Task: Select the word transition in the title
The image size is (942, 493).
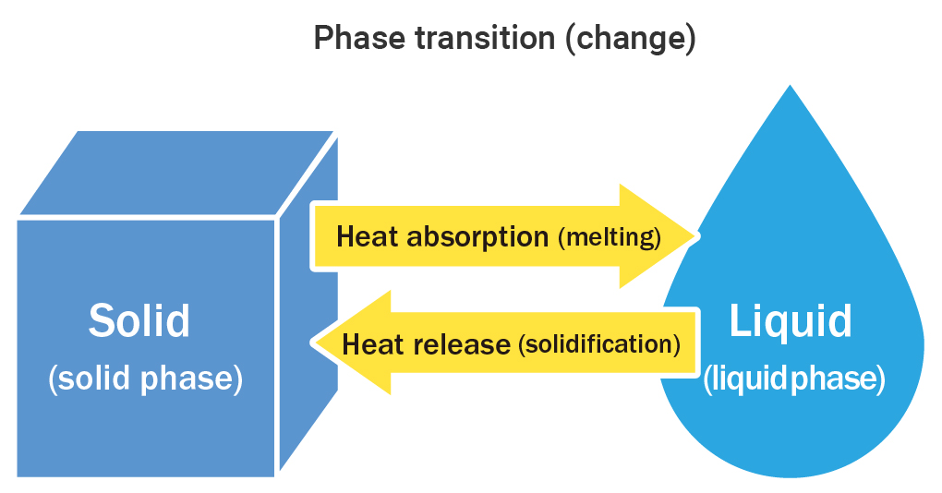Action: [x=485, y=38]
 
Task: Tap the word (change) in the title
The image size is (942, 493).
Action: [x=630, y=39]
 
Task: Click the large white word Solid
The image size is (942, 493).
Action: [x=139, y=320]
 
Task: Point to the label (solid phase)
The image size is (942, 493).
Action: [x=145, y=379]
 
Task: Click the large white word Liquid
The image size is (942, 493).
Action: [x=791, y=321]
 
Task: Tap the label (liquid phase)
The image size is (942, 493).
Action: [x=794, y=379]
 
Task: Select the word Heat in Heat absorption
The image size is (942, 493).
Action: [x=368, y=236]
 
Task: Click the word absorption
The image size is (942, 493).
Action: [x=477, y=237]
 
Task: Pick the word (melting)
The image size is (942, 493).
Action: [x=610, y=237]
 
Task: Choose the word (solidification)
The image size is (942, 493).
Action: [x=599, y=344]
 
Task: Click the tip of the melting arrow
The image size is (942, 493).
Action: [x=698, y=236]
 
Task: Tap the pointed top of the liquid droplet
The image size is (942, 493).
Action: [x=790, y=87]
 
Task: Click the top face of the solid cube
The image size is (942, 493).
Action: [x=176, y=173]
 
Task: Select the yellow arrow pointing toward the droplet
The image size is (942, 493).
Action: [x=504, y=236]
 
